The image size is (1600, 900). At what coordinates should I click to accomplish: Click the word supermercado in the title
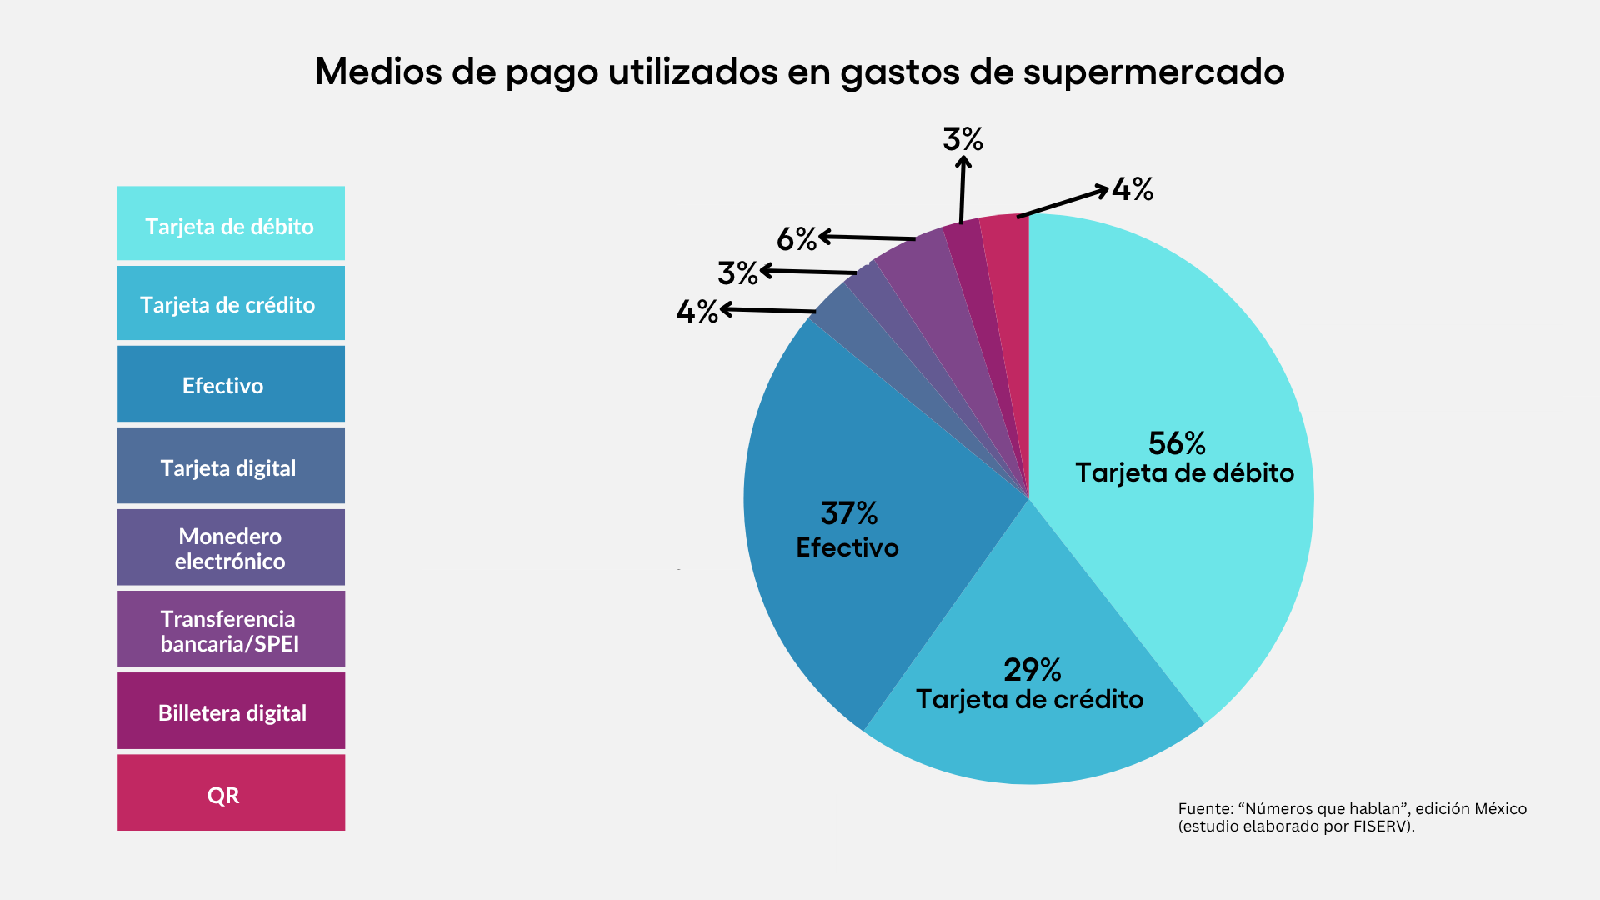[1153, 73]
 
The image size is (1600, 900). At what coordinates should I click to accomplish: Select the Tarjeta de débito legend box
[231, 223]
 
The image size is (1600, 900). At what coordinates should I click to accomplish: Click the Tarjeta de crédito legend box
[231, 303]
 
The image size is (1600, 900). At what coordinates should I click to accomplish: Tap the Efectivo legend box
[231, 384]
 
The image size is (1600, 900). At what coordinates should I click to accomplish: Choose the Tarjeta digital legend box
[231, 466]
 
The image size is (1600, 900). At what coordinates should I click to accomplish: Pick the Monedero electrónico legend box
[231, 547]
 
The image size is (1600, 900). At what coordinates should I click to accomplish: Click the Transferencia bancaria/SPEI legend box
[231, 629]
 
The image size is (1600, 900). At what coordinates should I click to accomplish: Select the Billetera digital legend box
[231, 711]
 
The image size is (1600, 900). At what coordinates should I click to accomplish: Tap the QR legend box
[231, 792]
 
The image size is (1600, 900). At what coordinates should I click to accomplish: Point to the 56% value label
[1177, 443]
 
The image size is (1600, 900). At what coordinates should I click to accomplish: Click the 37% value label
[849, 513]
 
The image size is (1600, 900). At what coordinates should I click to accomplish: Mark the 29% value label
[1032, 670]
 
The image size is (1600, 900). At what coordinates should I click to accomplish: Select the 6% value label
[796, 239]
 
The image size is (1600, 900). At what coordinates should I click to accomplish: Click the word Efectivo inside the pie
[847, 547]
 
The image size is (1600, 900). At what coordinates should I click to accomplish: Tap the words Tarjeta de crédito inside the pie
[1029, 699]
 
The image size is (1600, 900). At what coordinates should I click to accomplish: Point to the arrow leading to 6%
[867, 238]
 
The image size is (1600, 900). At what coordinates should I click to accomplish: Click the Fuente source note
[1352, 817]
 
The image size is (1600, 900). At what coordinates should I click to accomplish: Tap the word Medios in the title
[378, 72]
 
